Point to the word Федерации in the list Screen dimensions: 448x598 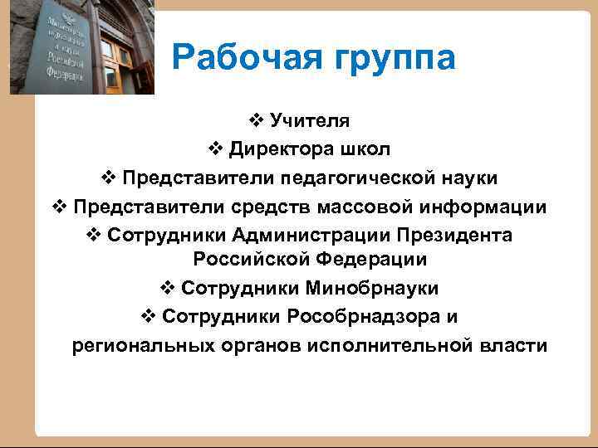[371, 260]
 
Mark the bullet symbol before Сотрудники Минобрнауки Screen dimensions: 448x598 [165, 288]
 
